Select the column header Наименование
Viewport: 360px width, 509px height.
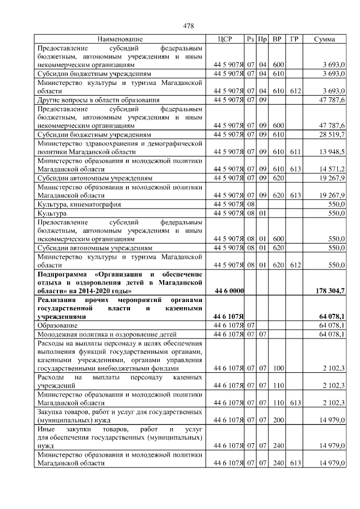[119, 39]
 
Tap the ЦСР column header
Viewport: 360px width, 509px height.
[224, 39]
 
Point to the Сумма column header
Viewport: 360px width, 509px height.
[325, 39]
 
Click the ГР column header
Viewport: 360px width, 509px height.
[294, 39]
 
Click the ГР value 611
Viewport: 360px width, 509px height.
[294, 152]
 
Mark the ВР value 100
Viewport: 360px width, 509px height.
[278, 368]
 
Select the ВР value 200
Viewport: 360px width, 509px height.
[278, 419]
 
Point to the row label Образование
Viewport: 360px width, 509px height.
[58, 326]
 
